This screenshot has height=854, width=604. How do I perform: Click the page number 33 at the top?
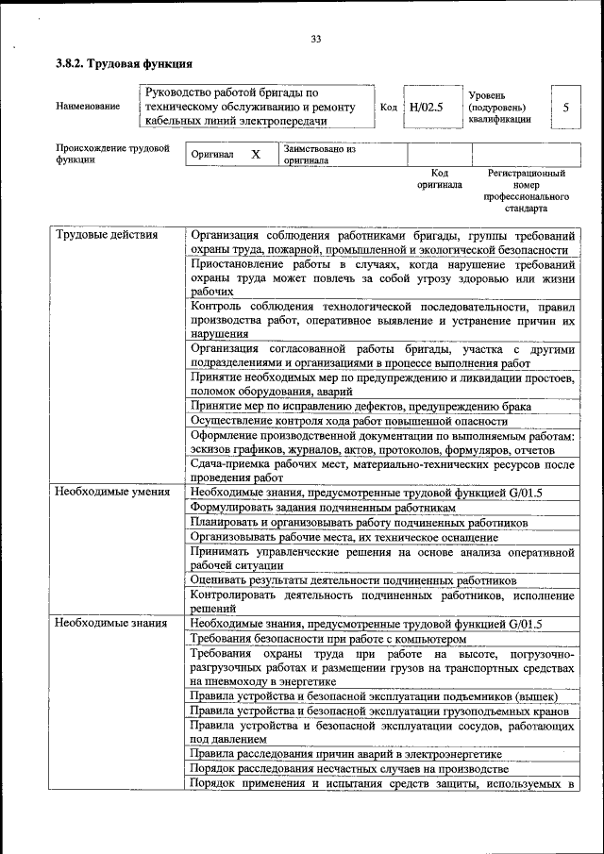click(x=315, y=39)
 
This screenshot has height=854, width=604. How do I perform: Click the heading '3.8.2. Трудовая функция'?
click(x=124, y=64)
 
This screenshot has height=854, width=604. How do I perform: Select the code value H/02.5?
click(x=427, y=108)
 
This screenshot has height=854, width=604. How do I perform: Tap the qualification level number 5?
click(x=565, y=108)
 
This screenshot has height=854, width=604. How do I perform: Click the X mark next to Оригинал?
click(x=255, y=154)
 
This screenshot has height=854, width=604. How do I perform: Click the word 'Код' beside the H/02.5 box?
click(x=388, y=108)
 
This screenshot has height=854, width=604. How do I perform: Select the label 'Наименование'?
click(x=88, y=107)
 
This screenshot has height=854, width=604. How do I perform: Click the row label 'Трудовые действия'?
click(x=107, y=235)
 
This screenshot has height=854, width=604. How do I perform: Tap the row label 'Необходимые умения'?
click(x=112, y=492)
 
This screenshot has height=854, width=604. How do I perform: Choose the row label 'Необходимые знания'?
click(x=111, y=623)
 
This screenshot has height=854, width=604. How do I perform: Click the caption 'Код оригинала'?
click(x=439, y=179)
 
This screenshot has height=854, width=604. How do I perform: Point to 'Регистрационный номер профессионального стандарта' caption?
click(x=526, y=190)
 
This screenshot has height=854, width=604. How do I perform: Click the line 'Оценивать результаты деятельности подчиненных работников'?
click(x=353, y=580)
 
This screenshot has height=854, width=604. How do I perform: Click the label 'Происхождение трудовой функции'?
click(x=111, y=154)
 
